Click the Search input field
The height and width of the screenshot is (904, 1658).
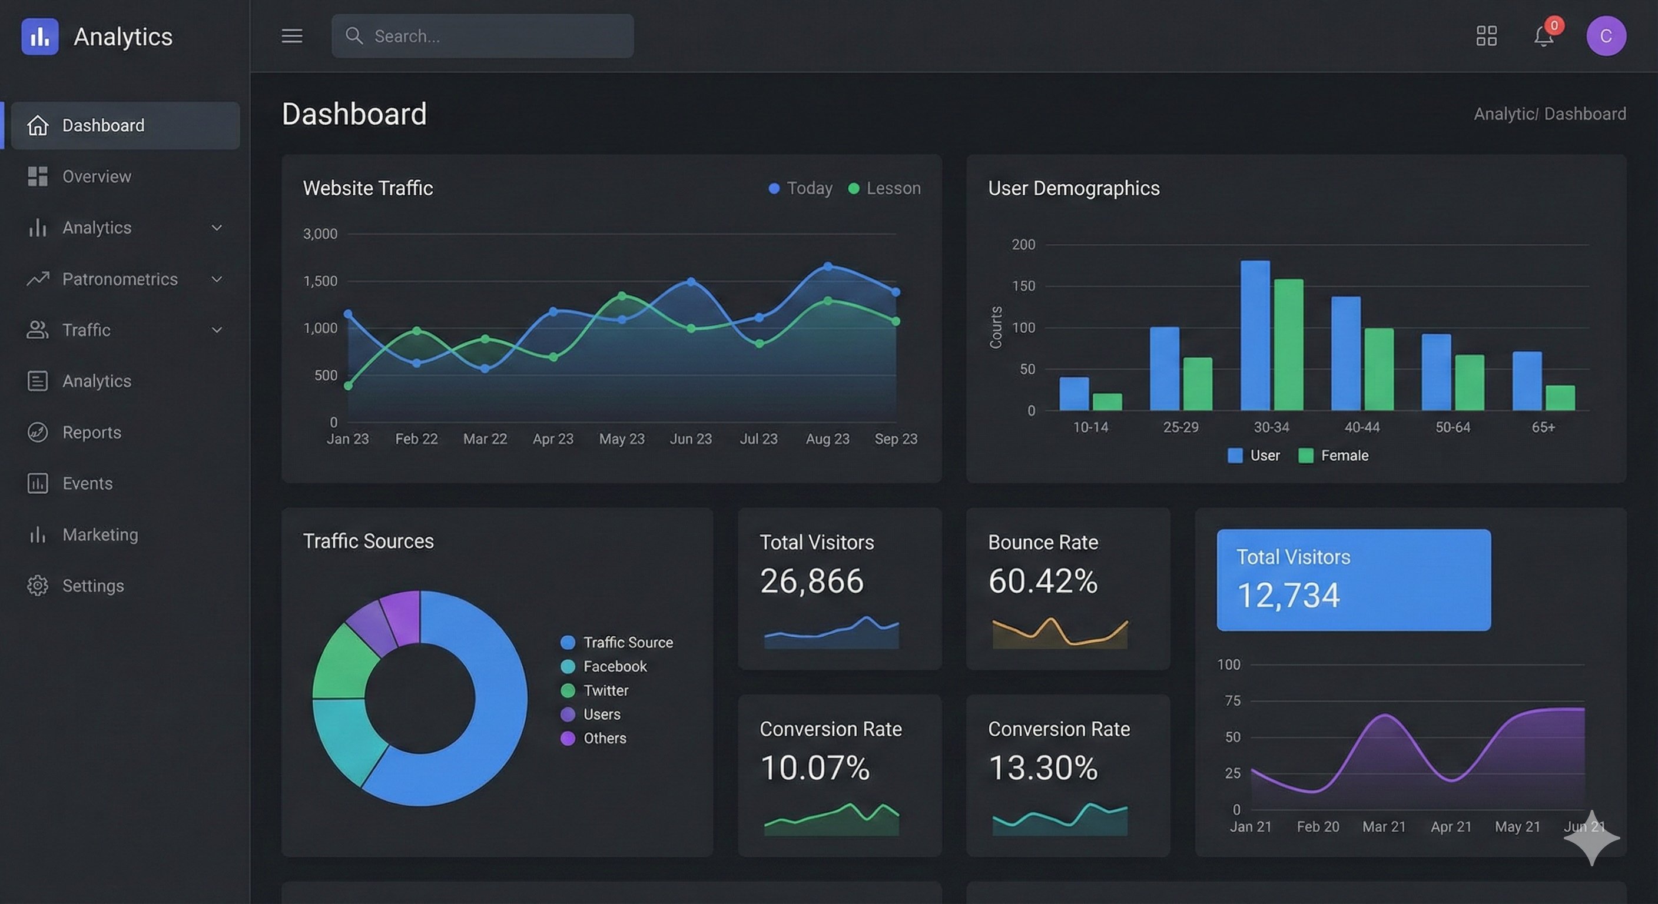pyautogui.click(x=483, y=36)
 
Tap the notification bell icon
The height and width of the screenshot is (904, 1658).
pyautogui.click(x=1543, y=36)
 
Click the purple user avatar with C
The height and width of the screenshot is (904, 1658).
pyautogui.click(x=1606, y=36)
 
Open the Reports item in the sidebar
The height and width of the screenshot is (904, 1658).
pyautogui.click(x=91, y=433)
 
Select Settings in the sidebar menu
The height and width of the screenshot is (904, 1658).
pyautogui.click(x=92, y=586)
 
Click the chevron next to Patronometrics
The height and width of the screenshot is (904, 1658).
pyautogui.click(x=217, y=279)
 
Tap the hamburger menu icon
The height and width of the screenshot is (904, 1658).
pyautogui.click(x=291, y=36)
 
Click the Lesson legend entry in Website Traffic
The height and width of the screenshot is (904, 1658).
pyautogui.click(x=885, y=188)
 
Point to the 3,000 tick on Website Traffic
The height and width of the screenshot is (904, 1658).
pyautogui.click(x=320, y=234)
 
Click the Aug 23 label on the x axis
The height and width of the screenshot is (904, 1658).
pyautogui.click(x=827, y=439)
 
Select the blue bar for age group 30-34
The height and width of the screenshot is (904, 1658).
pyautogui.click(x=1255, y=334)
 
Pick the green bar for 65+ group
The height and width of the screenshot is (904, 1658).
pyautogui.click(x=1560, y=398)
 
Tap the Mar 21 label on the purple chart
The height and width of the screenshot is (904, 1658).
pyautogui.click(x=1384, y=827)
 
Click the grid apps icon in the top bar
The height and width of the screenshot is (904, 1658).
pyautogui.click(x=1486, y=36)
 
